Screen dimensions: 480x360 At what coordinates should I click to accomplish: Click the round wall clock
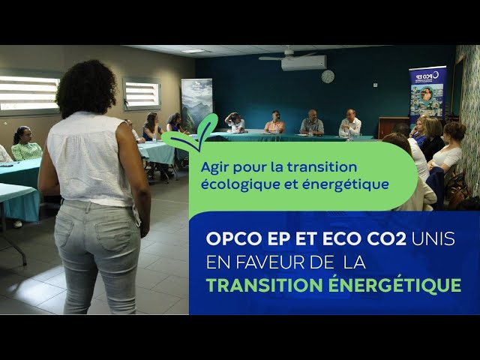point(328,76)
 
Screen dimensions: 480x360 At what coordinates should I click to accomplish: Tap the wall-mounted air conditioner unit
point(304,63)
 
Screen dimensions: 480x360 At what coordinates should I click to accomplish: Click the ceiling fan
point(288,55)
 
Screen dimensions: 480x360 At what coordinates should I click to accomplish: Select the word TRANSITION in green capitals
point(265,285)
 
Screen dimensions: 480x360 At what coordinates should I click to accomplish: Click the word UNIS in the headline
point(433,238)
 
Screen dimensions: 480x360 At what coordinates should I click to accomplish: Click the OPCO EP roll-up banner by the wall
point(427,91)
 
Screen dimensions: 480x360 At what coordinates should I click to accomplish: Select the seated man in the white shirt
point(350,123)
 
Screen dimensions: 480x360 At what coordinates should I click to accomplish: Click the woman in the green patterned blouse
point(26,144)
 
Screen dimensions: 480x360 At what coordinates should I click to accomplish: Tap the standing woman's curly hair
point(86,87)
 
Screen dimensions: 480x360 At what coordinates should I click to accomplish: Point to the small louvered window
point(142,94)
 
